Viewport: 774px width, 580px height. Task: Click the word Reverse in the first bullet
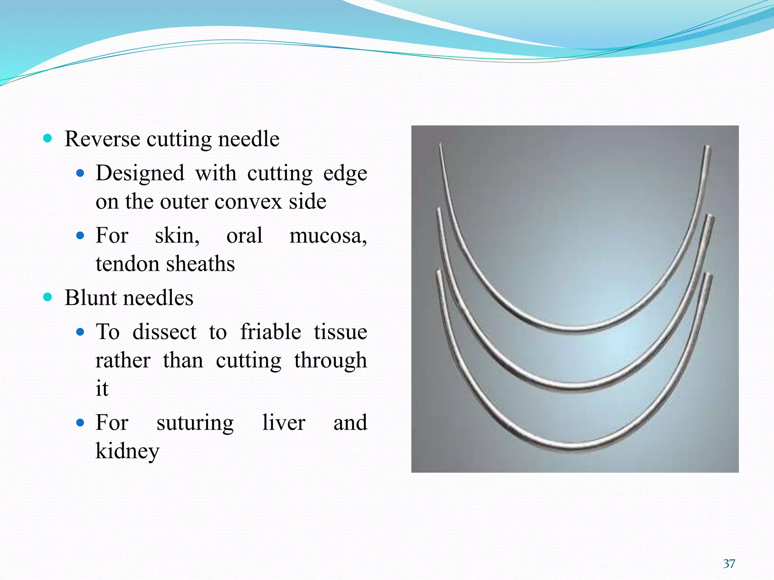click(102, 139)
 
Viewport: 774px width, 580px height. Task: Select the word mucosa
click(327, 236)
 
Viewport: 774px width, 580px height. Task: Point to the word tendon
click(128, 264)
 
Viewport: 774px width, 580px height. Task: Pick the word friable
click(271, 332)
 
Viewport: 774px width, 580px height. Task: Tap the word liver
click(283, 423)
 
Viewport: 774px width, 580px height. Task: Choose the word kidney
click(127, 451)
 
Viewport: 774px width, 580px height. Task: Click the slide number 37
click(729, 564)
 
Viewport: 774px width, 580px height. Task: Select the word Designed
click(140, 173)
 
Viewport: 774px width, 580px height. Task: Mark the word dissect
click(164, 332)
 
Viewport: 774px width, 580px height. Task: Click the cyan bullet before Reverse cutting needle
click(48, 138)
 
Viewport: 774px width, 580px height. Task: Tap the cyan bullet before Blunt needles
click(48, 297)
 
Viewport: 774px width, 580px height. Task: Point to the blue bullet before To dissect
click(80, 332)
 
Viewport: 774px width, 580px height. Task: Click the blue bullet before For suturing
click(80, 422)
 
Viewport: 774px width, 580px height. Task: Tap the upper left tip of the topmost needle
click(441, 145)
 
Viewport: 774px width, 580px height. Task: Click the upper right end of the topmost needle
click(706, 147)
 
